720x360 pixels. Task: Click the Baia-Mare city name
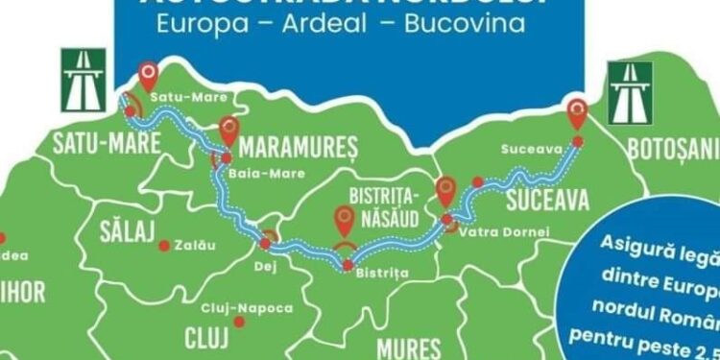click(x=269, y=174)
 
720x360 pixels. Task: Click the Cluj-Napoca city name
click(x=236, y=308)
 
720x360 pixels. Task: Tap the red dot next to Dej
click(x=265, y=245)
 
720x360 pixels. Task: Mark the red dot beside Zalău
click(x=164, y=246)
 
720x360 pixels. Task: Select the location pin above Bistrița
click(x=345, y=221)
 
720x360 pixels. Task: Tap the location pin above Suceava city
click(x=577, y=112)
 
